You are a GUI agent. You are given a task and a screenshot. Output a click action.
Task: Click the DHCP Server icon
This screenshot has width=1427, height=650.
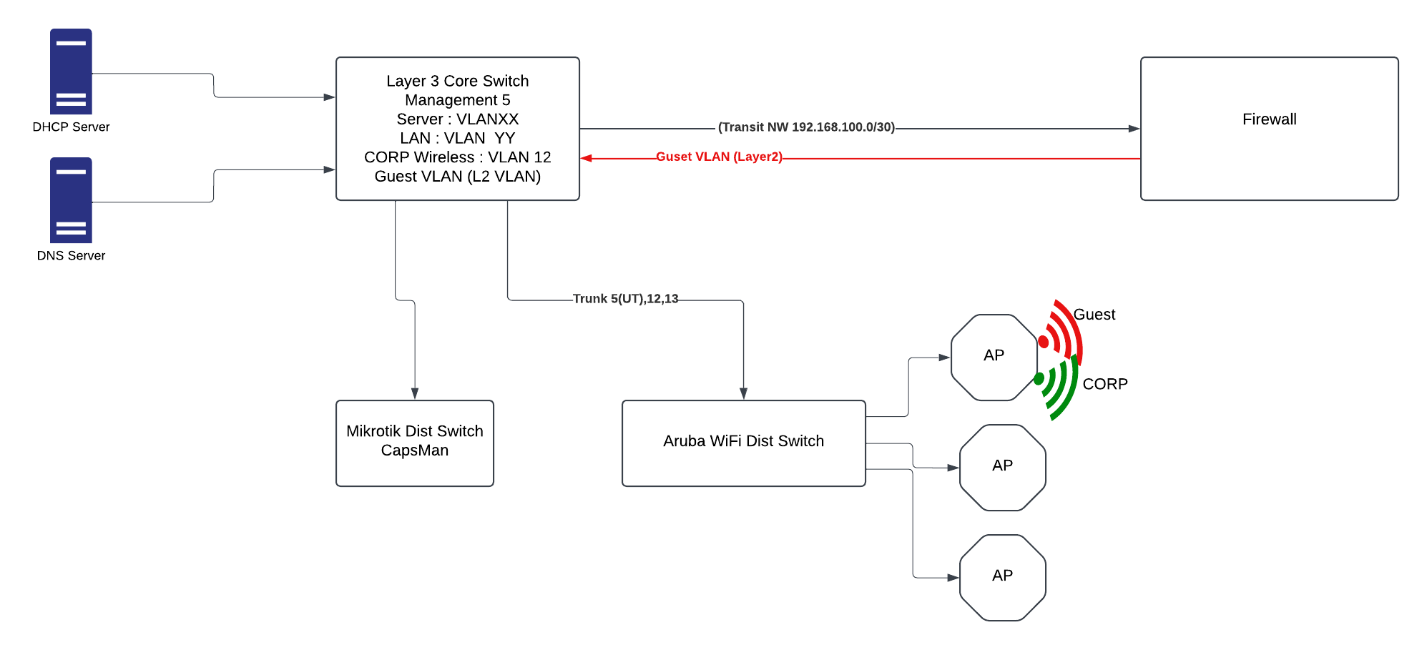[71, 72]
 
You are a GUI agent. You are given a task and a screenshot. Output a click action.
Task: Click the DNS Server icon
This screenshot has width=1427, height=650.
[71, 200]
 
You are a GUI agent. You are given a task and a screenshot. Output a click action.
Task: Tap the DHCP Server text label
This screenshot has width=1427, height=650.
[71, 127]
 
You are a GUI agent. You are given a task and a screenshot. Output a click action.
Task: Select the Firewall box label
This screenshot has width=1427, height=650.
[1269, 119]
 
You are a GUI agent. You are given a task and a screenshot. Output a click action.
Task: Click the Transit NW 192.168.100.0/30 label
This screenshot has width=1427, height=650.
[806, 127]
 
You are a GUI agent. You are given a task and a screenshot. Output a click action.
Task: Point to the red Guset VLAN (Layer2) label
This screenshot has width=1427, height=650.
[719, 157]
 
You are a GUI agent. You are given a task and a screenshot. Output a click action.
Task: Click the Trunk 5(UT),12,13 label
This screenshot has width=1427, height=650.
[625, 299]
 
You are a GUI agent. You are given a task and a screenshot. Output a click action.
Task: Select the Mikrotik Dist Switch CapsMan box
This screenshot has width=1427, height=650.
[415, 443]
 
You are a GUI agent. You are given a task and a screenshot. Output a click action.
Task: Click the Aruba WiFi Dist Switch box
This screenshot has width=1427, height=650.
[743, 443]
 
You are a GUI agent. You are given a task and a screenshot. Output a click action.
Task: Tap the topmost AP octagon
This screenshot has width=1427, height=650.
[994, 357]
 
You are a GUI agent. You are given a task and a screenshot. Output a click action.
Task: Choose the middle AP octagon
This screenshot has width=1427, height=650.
[1002, 467]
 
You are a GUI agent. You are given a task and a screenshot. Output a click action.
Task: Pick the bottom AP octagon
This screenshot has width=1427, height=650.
[1002, 577]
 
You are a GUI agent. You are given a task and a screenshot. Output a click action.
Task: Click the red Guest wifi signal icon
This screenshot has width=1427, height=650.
[1061, 333]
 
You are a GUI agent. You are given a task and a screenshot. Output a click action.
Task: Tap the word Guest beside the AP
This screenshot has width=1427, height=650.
[1094, 315]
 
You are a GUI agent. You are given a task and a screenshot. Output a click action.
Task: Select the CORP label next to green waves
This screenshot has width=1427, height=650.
[1104, 384]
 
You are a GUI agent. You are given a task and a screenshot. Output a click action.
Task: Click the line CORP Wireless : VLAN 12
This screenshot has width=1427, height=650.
[458, 157]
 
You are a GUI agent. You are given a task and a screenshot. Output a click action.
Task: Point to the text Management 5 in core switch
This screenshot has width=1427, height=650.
[458, 100]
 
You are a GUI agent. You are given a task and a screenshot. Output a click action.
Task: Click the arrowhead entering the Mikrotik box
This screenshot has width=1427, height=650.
[415, 393]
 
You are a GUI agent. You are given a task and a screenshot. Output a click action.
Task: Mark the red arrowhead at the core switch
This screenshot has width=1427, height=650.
[587, 158]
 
